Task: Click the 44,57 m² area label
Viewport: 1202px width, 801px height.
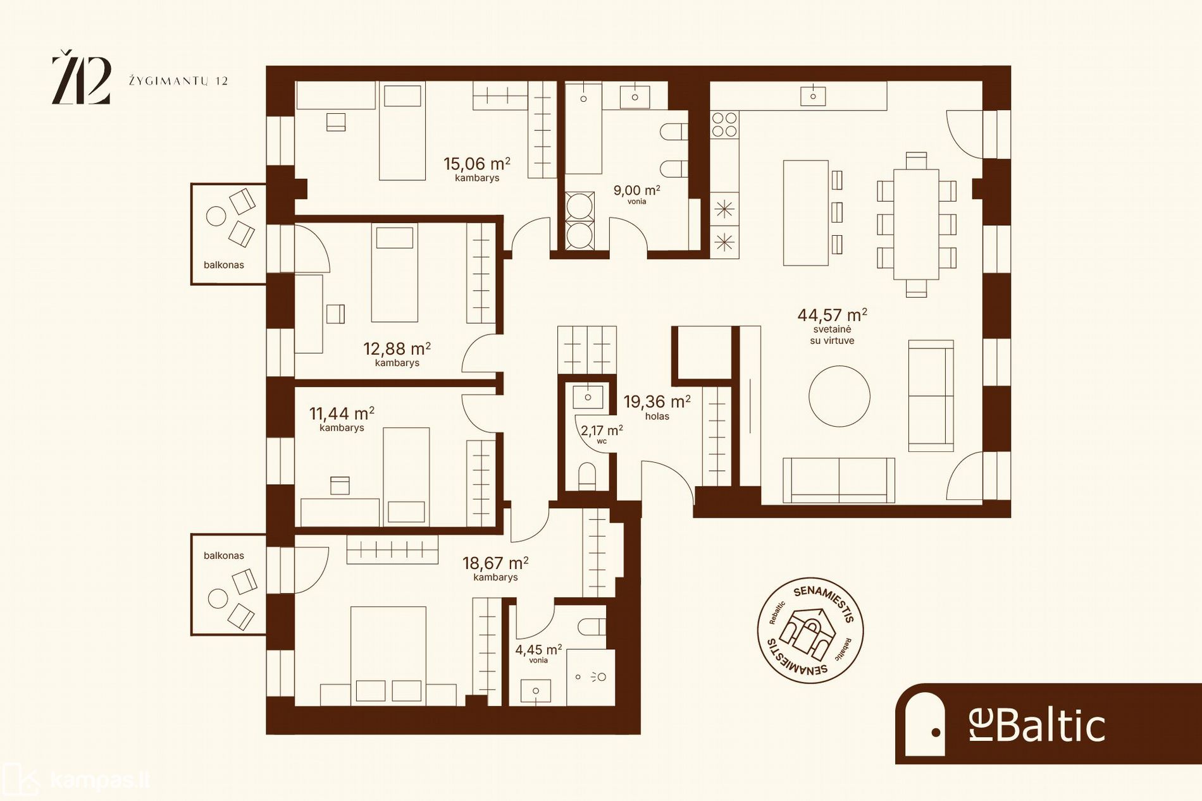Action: (x=832, y=315)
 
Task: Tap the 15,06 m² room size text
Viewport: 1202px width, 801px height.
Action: (x=476, y=164)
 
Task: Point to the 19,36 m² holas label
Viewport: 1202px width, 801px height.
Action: (x=657, y=407)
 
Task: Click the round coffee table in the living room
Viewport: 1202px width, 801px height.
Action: (x=839, y=396)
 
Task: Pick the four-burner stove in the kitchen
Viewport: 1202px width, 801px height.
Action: (x=724, y=125)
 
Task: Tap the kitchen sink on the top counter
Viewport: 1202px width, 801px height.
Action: (x=813, y=96)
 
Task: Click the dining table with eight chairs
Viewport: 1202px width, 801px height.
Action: (x=916, y=224)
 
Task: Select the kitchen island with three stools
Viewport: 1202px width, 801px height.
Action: (x=812, y=212)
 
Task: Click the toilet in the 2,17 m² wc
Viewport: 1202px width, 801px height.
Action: (x=587, y=477)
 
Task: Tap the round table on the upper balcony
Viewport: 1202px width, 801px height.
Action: (x=216, y=216)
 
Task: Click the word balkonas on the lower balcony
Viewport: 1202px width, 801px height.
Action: (x=223, y=556)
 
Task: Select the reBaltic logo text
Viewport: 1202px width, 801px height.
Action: (x=1037, y=725)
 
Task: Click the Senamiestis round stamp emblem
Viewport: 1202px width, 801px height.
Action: (x=810, y=630)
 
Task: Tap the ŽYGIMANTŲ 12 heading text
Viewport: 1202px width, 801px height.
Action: (x=178, y=81)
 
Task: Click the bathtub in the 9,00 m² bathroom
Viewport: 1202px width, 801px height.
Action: (x=583, y=128)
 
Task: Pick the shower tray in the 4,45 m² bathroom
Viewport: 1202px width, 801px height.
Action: (x=591, y=677)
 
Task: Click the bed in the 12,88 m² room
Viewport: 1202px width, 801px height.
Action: (x=394, y=272)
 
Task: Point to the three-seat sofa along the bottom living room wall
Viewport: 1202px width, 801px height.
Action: (x=839, y=480)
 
